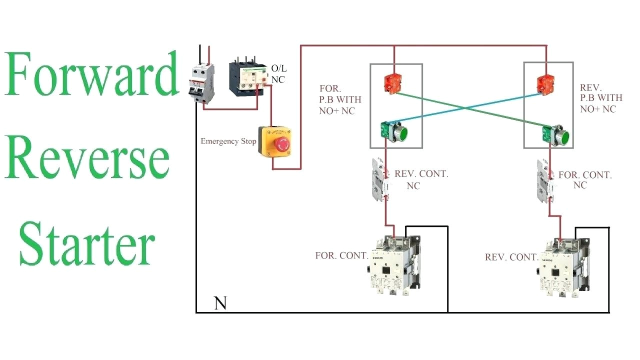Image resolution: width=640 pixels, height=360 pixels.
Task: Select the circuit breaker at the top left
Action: (204, 83)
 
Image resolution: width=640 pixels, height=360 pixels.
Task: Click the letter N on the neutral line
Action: (220, 303)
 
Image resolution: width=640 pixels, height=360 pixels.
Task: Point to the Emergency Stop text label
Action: (228, 141)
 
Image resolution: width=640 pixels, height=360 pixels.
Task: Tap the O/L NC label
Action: (278, 73)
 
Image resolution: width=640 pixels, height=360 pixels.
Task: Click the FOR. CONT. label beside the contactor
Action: (341, 255)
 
